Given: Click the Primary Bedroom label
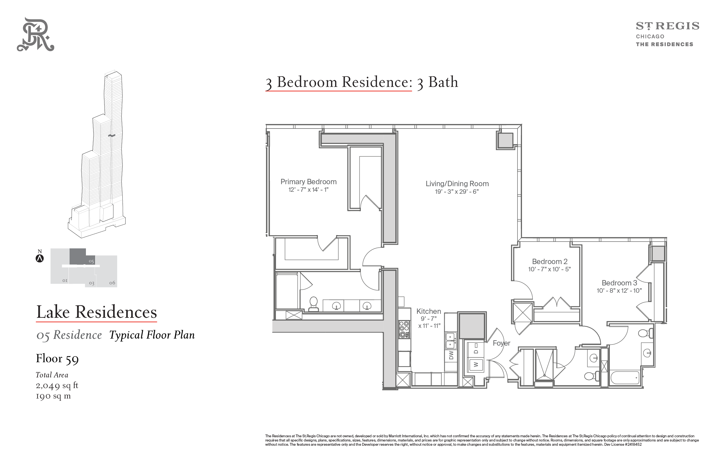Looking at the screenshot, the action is coord(308,182).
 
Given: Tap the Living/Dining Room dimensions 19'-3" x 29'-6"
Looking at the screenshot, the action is coord(457,192).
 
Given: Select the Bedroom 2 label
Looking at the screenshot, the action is coord(550,262).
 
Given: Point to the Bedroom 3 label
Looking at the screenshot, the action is coord(619,283).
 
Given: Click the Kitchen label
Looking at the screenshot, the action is coord(429,311).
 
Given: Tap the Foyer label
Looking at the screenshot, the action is coord(501,343).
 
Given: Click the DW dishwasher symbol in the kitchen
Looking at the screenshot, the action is coord(451,355).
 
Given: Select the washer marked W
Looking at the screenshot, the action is coord(476,364).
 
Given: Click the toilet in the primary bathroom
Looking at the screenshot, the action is coord(313,304).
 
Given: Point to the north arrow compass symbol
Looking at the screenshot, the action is coord(40,258).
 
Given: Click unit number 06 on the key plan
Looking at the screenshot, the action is coord(112,283).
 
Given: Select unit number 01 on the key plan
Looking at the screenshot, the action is coord(65,281).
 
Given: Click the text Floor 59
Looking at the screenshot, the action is coord(57,359).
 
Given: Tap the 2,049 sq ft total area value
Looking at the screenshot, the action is coord(57,385).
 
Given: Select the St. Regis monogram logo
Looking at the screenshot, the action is coord(35,34).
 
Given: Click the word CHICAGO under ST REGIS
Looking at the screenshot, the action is coord(650,37).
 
